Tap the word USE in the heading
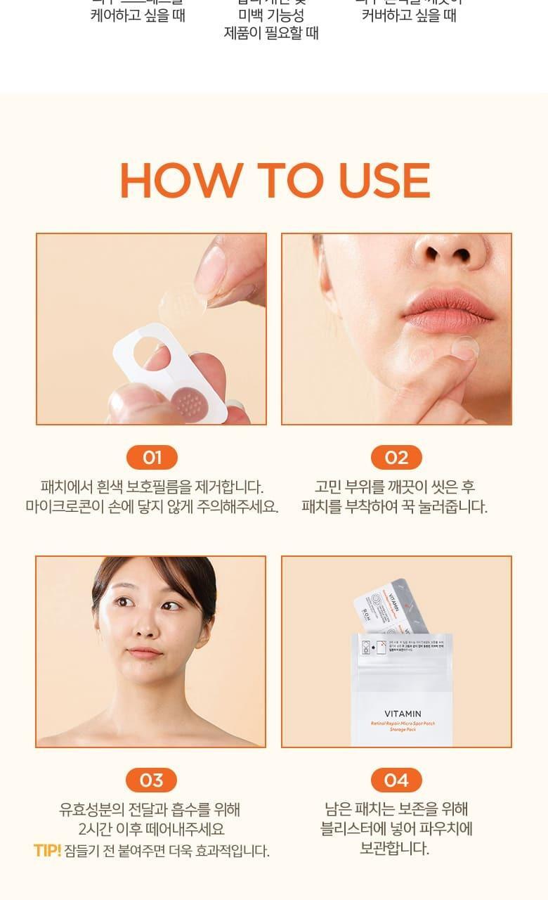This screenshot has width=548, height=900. (384, 180)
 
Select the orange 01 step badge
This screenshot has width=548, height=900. (152, 458)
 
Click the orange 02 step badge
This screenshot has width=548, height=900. (396, 458)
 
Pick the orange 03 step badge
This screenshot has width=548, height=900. (151, 780)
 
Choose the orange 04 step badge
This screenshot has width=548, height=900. (396, 780)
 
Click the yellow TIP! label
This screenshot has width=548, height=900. (47, 851)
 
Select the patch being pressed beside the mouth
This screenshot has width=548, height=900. (464, 347)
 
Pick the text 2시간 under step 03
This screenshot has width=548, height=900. (94, 830)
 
